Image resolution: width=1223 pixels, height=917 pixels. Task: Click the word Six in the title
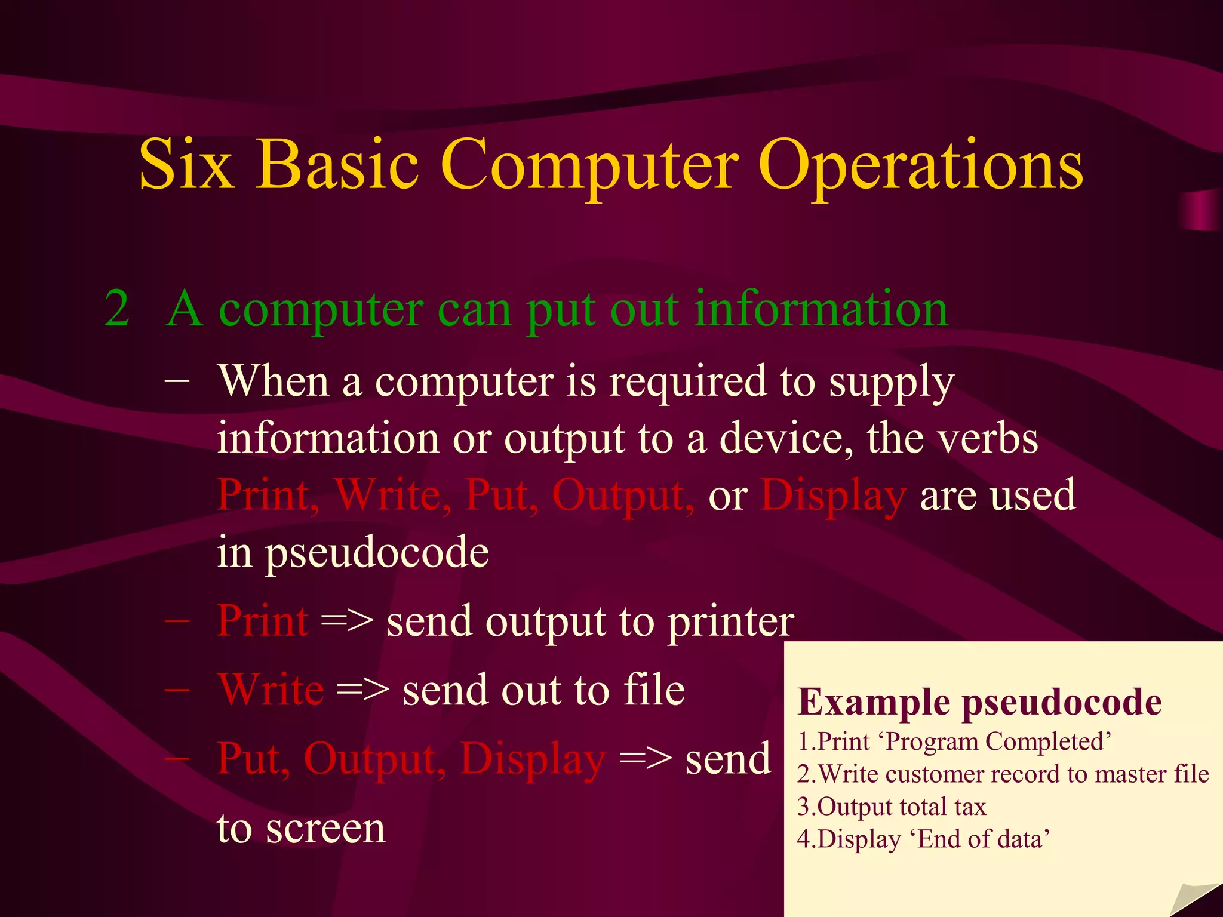coord(186,164)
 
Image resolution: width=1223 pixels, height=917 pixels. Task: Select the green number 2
coord(117,309)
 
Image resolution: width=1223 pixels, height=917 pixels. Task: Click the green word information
coord(821,309)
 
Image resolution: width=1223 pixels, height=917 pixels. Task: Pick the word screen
coord(325,829)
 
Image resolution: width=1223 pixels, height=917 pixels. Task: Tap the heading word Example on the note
coord(874,702)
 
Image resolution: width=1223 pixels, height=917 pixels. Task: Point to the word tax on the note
coord(970,807)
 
